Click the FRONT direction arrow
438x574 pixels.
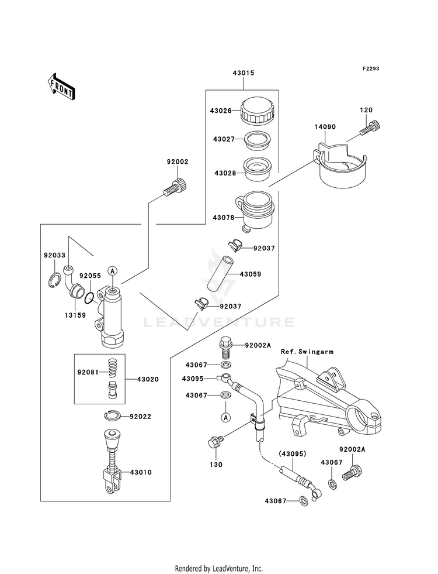(x=61, y=87)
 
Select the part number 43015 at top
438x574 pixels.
(x=244, y=73)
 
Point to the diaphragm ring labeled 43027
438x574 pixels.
(x=257, y=141)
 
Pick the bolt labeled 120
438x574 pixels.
(x=370, y=128)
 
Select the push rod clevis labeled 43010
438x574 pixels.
(x=112, y=462)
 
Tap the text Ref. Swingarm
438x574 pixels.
(x=307, y=352)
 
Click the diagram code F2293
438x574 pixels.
(x=371, y=68)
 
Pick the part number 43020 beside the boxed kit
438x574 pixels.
(x=148, y=379)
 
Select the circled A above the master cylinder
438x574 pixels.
(x=113, y=270)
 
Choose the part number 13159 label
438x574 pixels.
(x=75, y=315)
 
